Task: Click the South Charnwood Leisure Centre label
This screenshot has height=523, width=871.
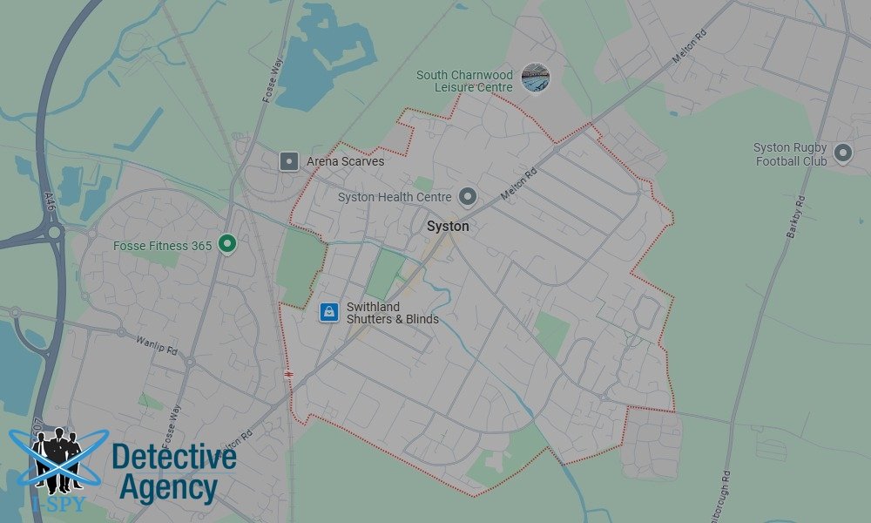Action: (x=465, y=81)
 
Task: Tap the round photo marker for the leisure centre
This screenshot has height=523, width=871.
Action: (x=536, y=78)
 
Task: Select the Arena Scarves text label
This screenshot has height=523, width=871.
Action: (x=346, y=161)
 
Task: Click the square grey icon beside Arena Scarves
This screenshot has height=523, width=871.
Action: (x=289, y=161)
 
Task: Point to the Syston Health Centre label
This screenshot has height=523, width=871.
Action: (x=395, y=197)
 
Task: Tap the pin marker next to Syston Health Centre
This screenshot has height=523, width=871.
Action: (x=468, y=197)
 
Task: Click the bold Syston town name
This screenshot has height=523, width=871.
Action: (x=448, y=227)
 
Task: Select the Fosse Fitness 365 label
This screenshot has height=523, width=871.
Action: (x=163, y=246)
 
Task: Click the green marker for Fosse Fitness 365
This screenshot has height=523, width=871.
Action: (x=227, y=245)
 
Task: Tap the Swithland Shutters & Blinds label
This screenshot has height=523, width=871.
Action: (x=392, y=313)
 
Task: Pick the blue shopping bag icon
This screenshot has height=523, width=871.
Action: (x=328, y=311)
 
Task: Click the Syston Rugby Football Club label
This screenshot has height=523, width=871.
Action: (x=791, y=154)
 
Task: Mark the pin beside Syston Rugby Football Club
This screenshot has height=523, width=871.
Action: (x=842, y=153)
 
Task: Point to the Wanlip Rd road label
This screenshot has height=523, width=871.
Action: (x=157, y=344)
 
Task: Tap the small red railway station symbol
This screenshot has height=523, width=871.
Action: (x=288, y=374)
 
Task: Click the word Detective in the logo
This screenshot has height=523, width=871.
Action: (x=174, y=458)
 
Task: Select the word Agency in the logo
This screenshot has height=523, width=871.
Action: (x=168, y=489)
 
